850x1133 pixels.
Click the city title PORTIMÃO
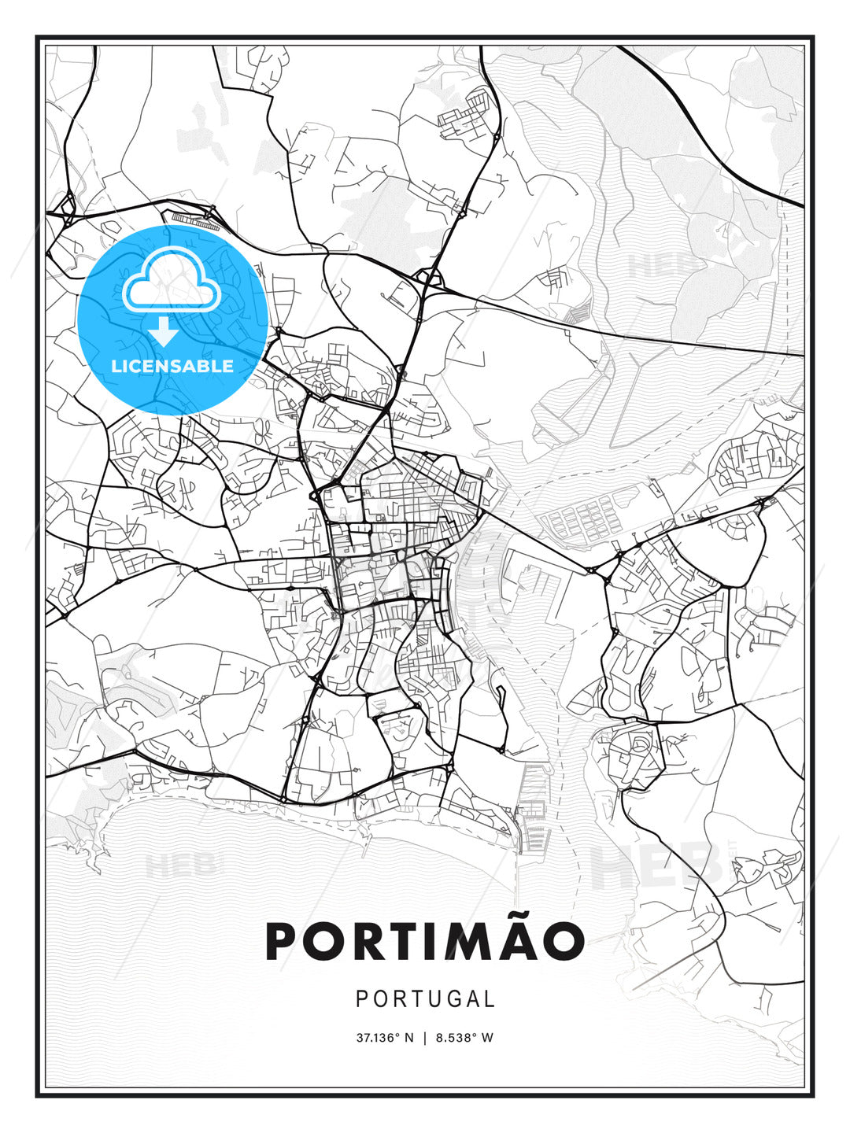(425, 940)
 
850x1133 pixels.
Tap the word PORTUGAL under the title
(425, 999)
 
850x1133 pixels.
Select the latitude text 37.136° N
(385, 1038)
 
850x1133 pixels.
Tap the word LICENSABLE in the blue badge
(172, 366)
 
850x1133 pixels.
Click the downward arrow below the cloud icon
(164, 331)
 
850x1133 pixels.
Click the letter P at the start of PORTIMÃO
(283, 941)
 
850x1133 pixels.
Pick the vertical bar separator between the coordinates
(425, 1038)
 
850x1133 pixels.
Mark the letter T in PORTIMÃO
(390, 941)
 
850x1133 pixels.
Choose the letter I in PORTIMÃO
(421, 941)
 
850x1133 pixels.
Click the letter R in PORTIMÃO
(355, 941)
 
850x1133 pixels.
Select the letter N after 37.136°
(409, 1038)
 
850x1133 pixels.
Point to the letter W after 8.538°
(487, 1038)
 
